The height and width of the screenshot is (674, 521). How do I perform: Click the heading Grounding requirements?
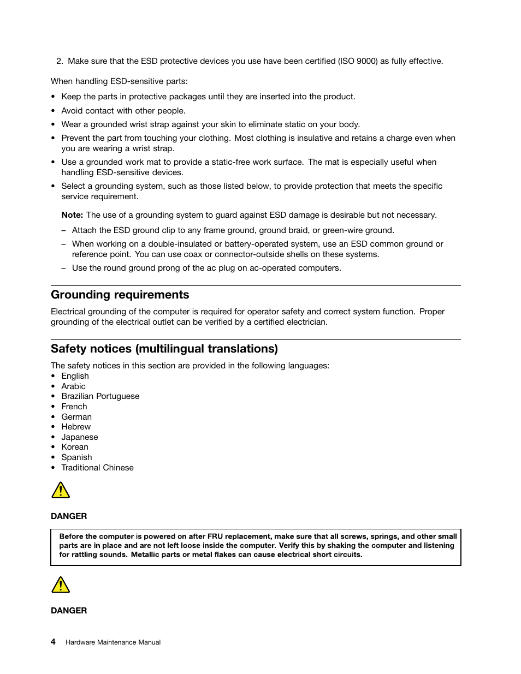click(120, 295)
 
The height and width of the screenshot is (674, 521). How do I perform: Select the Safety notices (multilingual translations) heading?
click(164, 349)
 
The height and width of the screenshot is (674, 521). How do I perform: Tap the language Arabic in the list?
click(73, 386)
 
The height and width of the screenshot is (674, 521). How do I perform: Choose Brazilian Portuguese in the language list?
click(100, 396)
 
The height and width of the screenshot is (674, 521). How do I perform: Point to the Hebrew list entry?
click(76, 427)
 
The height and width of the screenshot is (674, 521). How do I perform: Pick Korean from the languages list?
click(75, 447)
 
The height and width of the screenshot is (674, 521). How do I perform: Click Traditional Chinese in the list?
click(97, 468)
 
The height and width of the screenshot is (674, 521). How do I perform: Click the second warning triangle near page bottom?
click(61, 585)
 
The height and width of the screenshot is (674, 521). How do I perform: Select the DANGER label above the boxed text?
click(69, 516)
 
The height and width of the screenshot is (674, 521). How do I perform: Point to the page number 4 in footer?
click(53, 642)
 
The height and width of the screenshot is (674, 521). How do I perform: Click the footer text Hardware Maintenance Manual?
click(113, 642)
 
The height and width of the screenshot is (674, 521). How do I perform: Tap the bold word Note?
click(72, 215)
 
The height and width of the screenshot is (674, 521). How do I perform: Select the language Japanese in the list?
click(80, 437)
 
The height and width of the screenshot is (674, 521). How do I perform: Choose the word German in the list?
click(76, 417)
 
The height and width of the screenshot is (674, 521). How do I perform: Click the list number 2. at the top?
click(60, 61)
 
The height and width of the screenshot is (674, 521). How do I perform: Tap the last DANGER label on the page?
click(69, 611)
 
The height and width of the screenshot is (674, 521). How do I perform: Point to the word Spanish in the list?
click(76, 457)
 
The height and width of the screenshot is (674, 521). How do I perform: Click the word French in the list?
click(74, 407)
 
